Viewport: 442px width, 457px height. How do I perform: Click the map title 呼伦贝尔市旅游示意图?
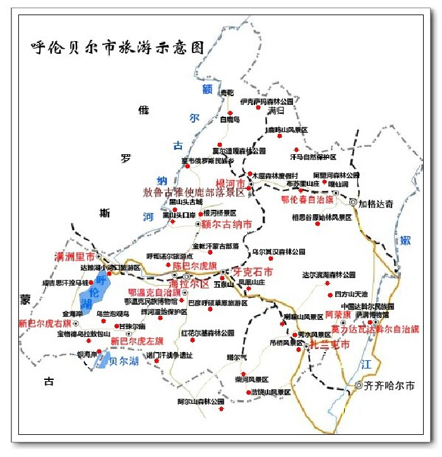(118, 47)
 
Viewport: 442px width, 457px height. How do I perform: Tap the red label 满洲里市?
(75, 257)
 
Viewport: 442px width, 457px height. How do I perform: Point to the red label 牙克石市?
(253, 272)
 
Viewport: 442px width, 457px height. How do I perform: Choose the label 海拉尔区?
(203, 284)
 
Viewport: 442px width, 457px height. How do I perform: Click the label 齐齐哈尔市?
(390, 385)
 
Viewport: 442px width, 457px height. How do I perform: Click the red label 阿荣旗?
(328, 314)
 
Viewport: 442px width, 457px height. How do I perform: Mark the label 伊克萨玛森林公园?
(266, 101)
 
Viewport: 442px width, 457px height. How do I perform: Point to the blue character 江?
(366, 364)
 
